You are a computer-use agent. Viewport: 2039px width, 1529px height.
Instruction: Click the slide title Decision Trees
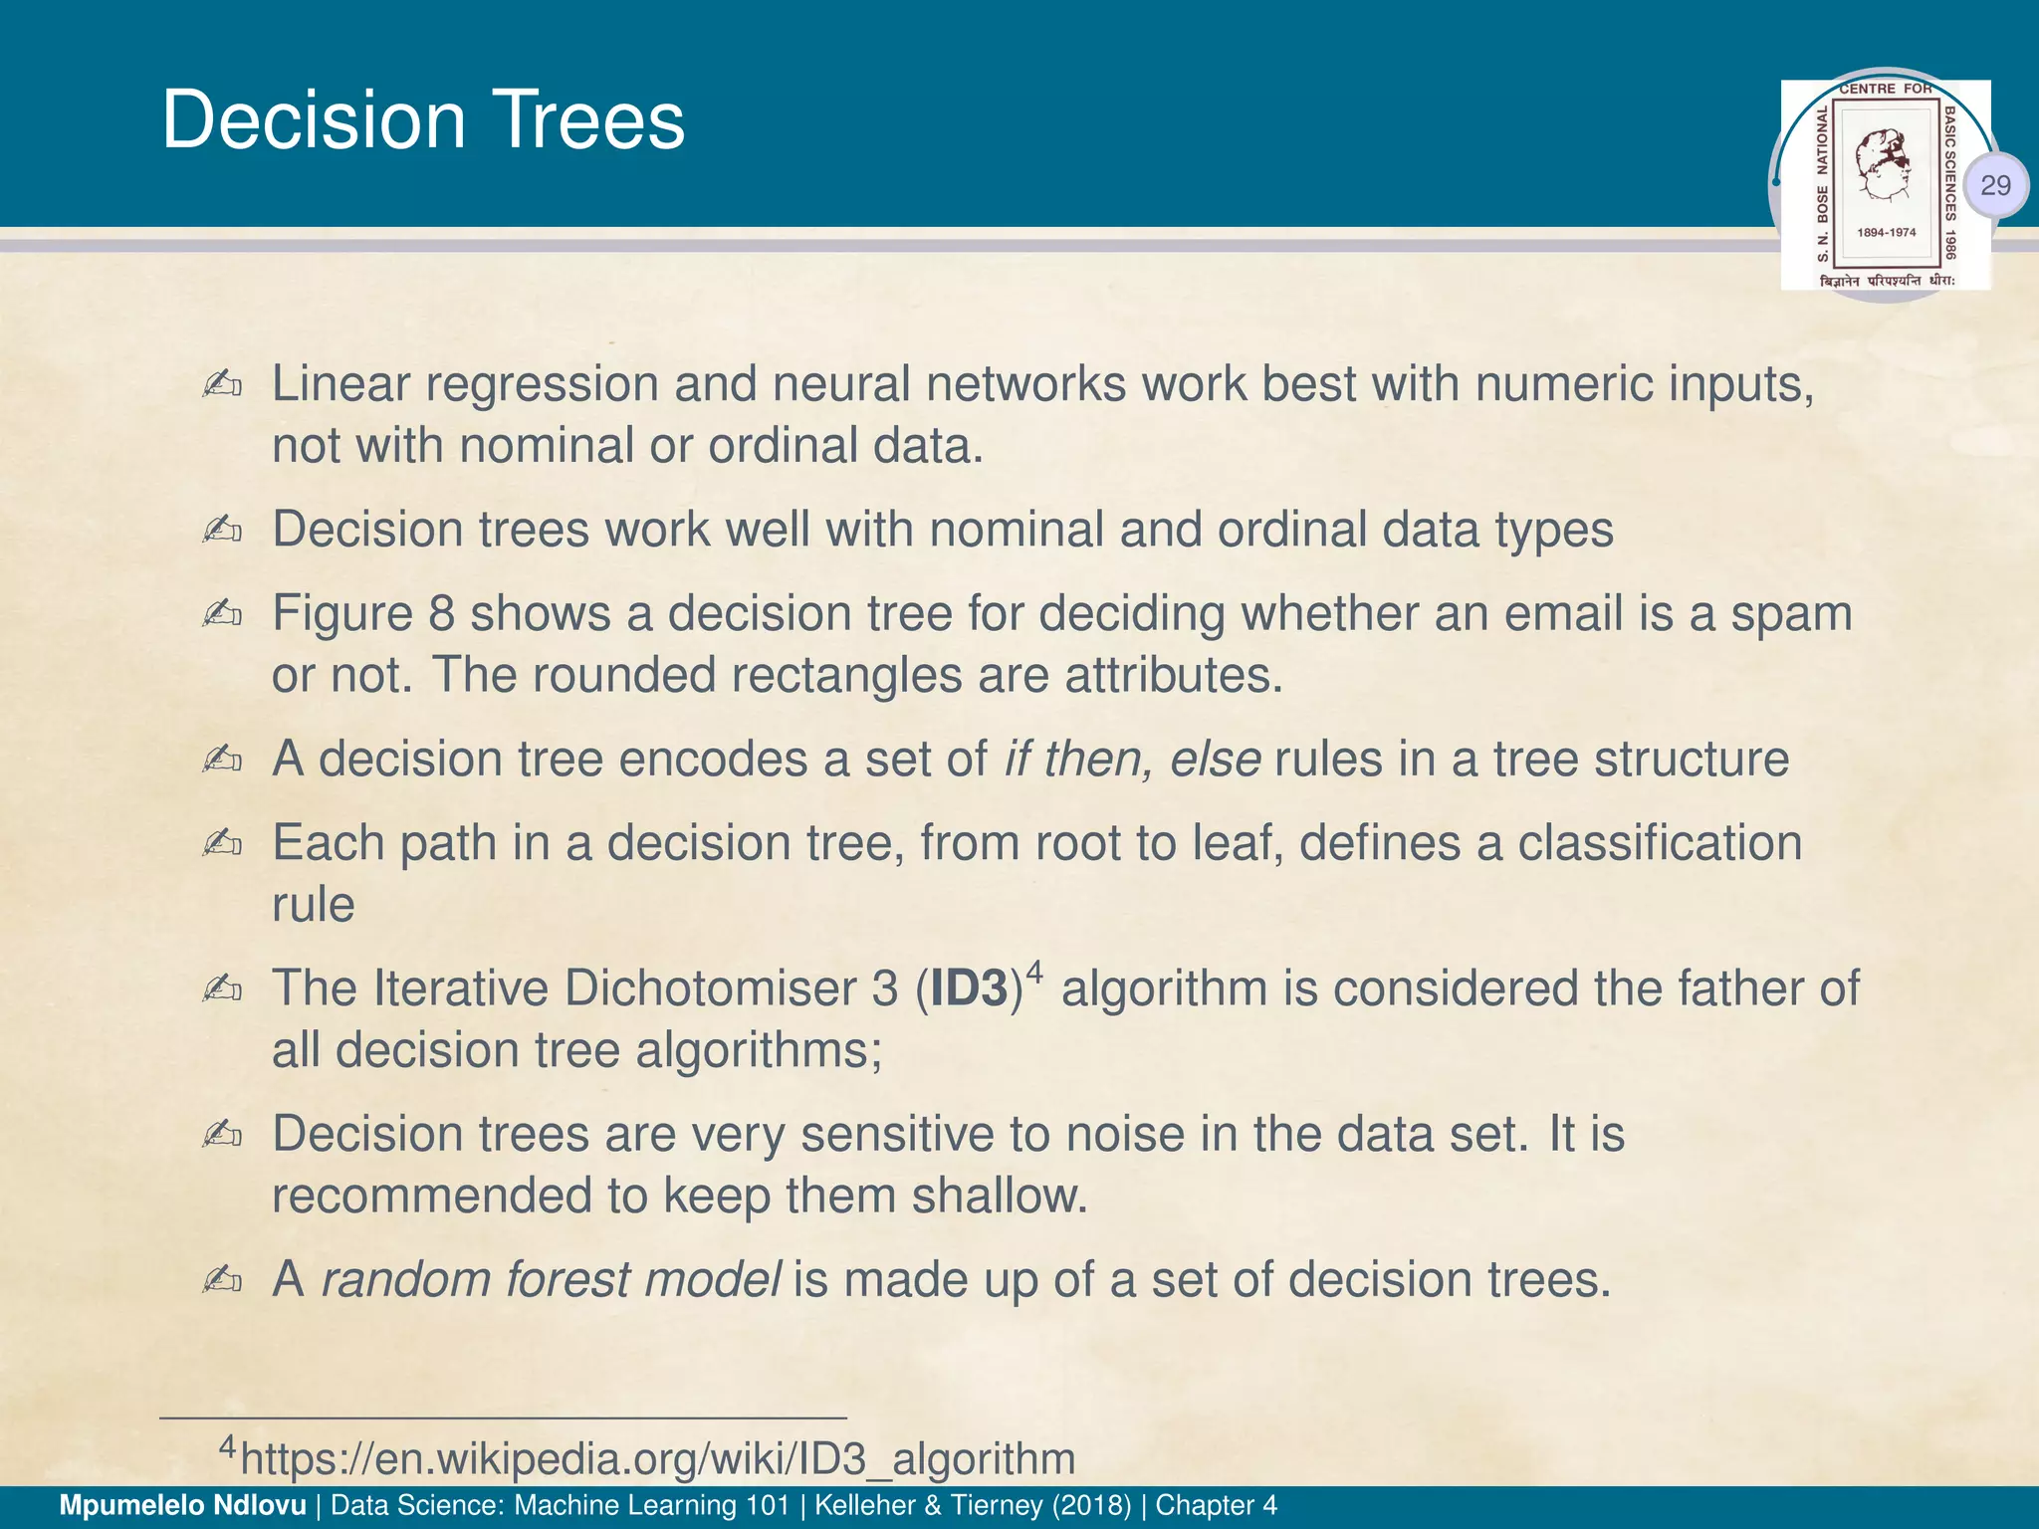[423, 120]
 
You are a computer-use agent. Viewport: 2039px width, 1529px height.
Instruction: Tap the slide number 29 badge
[1995, 185]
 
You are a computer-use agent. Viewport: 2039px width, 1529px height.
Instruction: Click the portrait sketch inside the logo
[1885, 165]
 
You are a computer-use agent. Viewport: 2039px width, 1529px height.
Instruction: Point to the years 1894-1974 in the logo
[1886, 232]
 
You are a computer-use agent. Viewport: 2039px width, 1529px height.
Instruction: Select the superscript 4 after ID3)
[1034, 971]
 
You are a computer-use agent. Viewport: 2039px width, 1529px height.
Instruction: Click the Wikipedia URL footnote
[657, 1458]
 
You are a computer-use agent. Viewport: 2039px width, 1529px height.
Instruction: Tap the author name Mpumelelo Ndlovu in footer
[183, 1505]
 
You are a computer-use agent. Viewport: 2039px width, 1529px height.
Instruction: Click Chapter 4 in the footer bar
[1216, 1505]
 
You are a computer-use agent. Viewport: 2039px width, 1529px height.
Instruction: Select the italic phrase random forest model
[551, 1280]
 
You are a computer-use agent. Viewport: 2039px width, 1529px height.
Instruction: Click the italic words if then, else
[1132, 760]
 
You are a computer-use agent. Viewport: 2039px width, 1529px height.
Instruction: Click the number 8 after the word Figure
[441, 614]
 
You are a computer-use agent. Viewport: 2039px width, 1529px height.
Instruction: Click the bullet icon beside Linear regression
[221, 385]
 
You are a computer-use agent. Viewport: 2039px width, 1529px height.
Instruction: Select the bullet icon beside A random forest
[221, 1280]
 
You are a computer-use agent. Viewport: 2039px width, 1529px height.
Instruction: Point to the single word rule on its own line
[313, 905]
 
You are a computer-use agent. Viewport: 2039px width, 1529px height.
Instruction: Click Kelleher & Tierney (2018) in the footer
[973, 1505]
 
